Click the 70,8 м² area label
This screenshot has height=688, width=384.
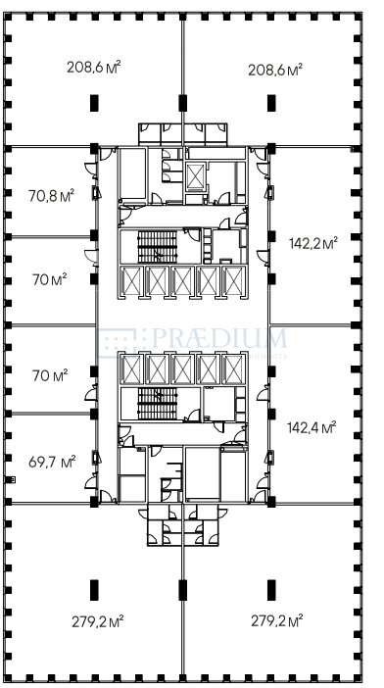point(51,195)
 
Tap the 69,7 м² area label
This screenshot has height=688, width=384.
point(52,462)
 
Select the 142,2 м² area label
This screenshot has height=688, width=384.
point(313,243)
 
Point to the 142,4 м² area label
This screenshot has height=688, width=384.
point(312,427)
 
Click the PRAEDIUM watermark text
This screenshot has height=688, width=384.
point(219,339)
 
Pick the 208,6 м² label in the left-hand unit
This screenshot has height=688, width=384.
point(94,67)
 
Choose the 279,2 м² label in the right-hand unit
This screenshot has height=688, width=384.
point(277,621)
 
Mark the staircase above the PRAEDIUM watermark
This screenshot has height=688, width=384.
point(158,247)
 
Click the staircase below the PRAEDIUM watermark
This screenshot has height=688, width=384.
point(158,404)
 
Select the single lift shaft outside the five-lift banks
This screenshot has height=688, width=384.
point(195,176)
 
